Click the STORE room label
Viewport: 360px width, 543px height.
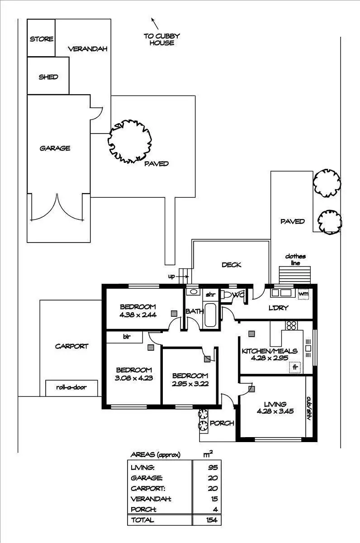click(42, 39)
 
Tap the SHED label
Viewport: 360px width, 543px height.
click(48, 77)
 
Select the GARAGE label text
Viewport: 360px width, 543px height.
click(55, 148)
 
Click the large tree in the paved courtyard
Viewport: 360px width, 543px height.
click(129, 141)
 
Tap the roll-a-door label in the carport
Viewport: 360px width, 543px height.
click(71, 387)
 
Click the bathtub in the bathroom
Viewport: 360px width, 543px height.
click(211, 315)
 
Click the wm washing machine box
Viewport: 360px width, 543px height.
click(303, 294)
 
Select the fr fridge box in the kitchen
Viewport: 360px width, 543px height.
click(295, 367)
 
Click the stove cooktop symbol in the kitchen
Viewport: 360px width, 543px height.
click(291, 325)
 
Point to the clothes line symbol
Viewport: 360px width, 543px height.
click(295, 274)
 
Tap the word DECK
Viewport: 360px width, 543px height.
click(231, 265)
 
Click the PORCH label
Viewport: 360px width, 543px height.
click(223, 424)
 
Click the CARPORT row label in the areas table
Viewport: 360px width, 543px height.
click(147, 489)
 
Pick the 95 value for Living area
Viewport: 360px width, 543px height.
click(213, 467)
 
